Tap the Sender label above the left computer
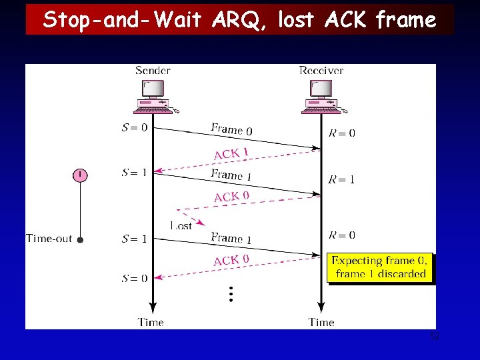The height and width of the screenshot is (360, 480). pos(153,71)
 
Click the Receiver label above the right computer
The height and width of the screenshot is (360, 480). pos(321,71)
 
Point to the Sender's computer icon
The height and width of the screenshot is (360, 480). pos(153,96)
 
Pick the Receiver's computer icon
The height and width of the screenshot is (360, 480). pos(321,96)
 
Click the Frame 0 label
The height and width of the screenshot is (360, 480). pos(231,129)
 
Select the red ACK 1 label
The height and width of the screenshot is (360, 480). pos(231,154)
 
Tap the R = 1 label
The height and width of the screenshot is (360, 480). pos(342,179)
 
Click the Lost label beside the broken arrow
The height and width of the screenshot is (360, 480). pos(181,226)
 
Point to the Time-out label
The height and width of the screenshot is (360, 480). pos(49,239)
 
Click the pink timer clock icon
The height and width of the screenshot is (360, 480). pos(80,175)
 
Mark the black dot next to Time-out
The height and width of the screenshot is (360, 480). pos(80,239)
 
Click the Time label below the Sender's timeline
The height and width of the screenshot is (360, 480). pos(151,322)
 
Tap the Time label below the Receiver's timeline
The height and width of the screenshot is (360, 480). pos(321,322)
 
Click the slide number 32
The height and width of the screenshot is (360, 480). pos(435,338)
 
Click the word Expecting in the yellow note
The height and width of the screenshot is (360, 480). pos(357,261)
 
